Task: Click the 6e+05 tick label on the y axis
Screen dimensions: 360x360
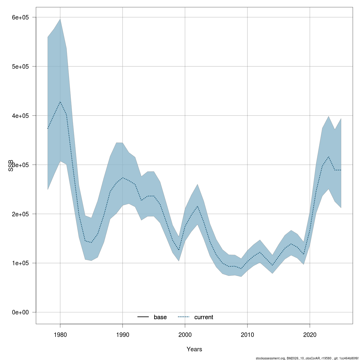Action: pyautogui.click(x=20, y=17)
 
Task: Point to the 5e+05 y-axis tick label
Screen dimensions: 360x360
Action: pyautogui.click(x=20, y=67)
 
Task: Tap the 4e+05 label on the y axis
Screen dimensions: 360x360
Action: pyautogui.click(x=20, y=116)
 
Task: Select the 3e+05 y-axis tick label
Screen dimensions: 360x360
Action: pyautogui.click(x=20, y=165)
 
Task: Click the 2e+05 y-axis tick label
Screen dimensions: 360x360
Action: pyautogui.click(x=20, y=214)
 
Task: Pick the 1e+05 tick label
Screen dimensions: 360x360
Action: pyautogui.click(x=20, y=263)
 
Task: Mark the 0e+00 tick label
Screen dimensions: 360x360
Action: pyautogui.click(x=20, y=313)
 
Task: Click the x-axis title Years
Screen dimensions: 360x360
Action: pyautogui.click(x=194, y=349)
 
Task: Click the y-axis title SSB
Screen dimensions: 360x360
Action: pyautogui.click(x=11, y=165)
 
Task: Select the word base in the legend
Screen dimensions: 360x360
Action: pyautogui.click(x=160, y=317)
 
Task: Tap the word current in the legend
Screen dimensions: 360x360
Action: pyautogui.click(x=204, y=317)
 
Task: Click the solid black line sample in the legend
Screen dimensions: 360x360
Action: pyautogui.click(x=143, y=317)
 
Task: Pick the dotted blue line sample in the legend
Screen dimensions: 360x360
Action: pyautogui.click(x=184, y=317)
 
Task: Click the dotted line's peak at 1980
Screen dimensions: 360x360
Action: pyautogui.click(x=60, y=102)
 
